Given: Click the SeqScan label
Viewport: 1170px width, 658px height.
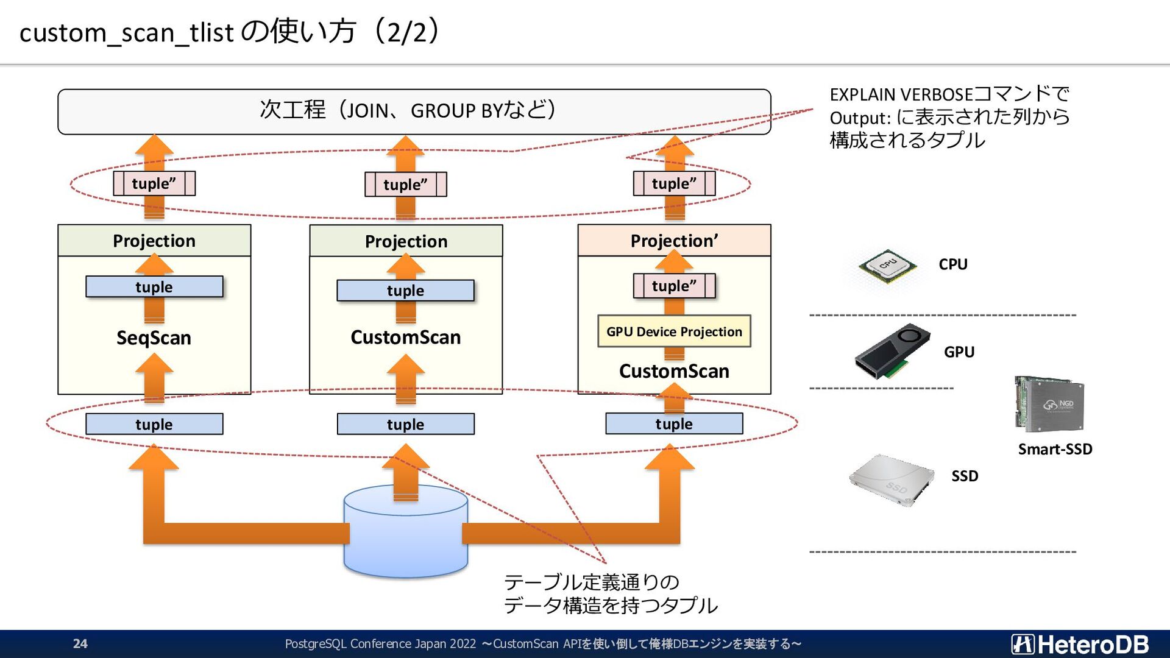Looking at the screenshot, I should pyautogui.click(x=154, y=338).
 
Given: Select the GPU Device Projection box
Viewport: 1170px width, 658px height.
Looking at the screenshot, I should pyautogui.click(x=674, y=331).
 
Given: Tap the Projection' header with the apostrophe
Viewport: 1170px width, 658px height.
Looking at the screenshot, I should pyautogui.click(x=674, y=241).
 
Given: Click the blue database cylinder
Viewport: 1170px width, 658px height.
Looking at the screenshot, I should pyautogui.click(x=405, y=536).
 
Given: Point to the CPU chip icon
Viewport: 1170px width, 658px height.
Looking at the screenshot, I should pyautogui.click(x=887, y=266).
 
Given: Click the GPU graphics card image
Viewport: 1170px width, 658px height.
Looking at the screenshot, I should pyautogui.click(x=892, y=352).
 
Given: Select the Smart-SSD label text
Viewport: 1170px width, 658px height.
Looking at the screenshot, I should pyautogui.click(x=1055, y=449).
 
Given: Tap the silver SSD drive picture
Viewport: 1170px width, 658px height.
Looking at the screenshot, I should pyautogui.click(x=892, y=479).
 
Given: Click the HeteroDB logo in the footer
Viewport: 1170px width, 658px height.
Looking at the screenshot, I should pyautogui.click(x=1080, y=644).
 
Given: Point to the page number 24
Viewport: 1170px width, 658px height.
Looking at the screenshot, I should pyautogui.click(x=80, y=643).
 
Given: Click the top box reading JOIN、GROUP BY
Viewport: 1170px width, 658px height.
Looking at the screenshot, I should pyautogui.click(x=414, y=111).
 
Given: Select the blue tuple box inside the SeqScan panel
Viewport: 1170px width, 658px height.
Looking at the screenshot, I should pyautogui.click(x=154, y=287).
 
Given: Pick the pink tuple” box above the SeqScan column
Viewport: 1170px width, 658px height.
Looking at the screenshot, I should pyautogui.click(x=154, y=183).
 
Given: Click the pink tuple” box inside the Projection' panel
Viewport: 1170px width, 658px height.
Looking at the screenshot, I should pyautogui.click(x=674, y=286).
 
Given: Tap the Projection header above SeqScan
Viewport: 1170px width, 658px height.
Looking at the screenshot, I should pyautogui.click(x=154, y=241).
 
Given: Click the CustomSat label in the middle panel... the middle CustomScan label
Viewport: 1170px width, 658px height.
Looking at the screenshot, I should pyautogui.click(x=405, y=337).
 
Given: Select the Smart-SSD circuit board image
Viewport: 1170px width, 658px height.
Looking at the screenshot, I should pyautogui.click(x=1049, y=403).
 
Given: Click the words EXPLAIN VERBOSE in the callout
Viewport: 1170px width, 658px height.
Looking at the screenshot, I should pyautogui.click(x=901, y=95).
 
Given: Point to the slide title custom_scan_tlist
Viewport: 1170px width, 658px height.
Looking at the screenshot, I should pyautogui.click(x=126, y=32).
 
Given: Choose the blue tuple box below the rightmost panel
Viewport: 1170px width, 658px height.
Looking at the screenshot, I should pyautogui.click(x=674, y=423).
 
